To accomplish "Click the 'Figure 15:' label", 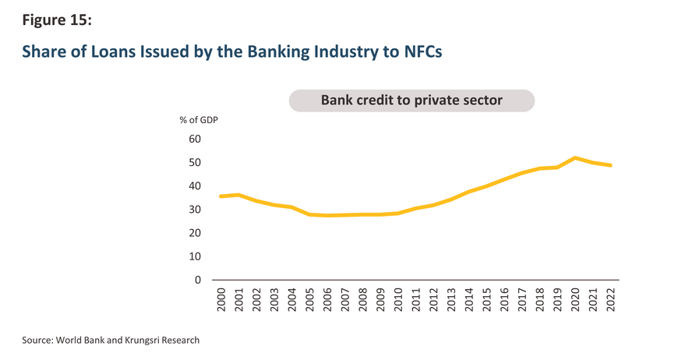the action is coord(57,20).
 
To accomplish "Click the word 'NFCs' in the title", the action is coord(423,51).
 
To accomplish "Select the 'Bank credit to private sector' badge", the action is coord(411,101).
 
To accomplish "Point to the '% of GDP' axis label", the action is coord(199,120).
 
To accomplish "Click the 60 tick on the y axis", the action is coord(195,139).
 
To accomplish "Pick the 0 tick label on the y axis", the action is coord(198,280).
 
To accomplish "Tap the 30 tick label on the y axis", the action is coord(195,209).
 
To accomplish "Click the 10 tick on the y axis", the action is coord(195,256).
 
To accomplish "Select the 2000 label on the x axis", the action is coord(221,299).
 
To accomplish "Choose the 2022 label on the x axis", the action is coord(610,299).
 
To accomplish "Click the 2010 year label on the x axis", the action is coord(398,299).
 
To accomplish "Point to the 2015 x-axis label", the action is coord(487,299).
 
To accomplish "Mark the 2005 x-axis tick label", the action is coord(310,299).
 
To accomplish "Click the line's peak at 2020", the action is coord(575,157).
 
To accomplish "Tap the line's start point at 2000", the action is coord(221,196).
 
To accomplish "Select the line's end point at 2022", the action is coord(610,165).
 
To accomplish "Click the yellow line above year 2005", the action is coord(310,214).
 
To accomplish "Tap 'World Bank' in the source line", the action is coord(80,340).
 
